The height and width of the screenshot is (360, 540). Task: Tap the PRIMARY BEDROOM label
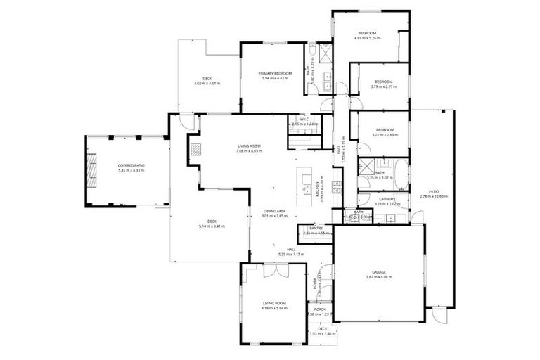275,73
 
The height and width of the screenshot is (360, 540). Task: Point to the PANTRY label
315,228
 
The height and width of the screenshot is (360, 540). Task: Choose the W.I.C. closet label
305,120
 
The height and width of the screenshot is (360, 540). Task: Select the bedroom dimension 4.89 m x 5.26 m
368,39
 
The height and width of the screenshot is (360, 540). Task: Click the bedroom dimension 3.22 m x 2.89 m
385,134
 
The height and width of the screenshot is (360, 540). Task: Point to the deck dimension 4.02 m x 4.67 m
207,84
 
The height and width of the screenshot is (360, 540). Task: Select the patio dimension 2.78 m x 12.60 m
434,197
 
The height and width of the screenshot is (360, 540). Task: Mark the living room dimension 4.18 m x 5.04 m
275,307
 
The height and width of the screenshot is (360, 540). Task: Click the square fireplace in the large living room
196,148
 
